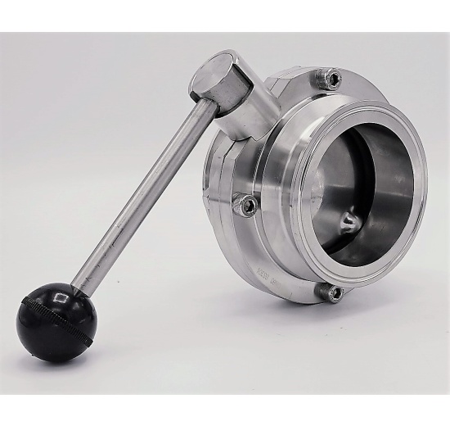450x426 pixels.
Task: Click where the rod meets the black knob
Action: tap(75, 290)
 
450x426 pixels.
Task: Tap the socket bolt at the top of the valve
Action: tap(332, 79)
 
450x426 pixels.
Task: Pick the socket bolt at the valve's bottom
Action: tap(334, 293)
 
